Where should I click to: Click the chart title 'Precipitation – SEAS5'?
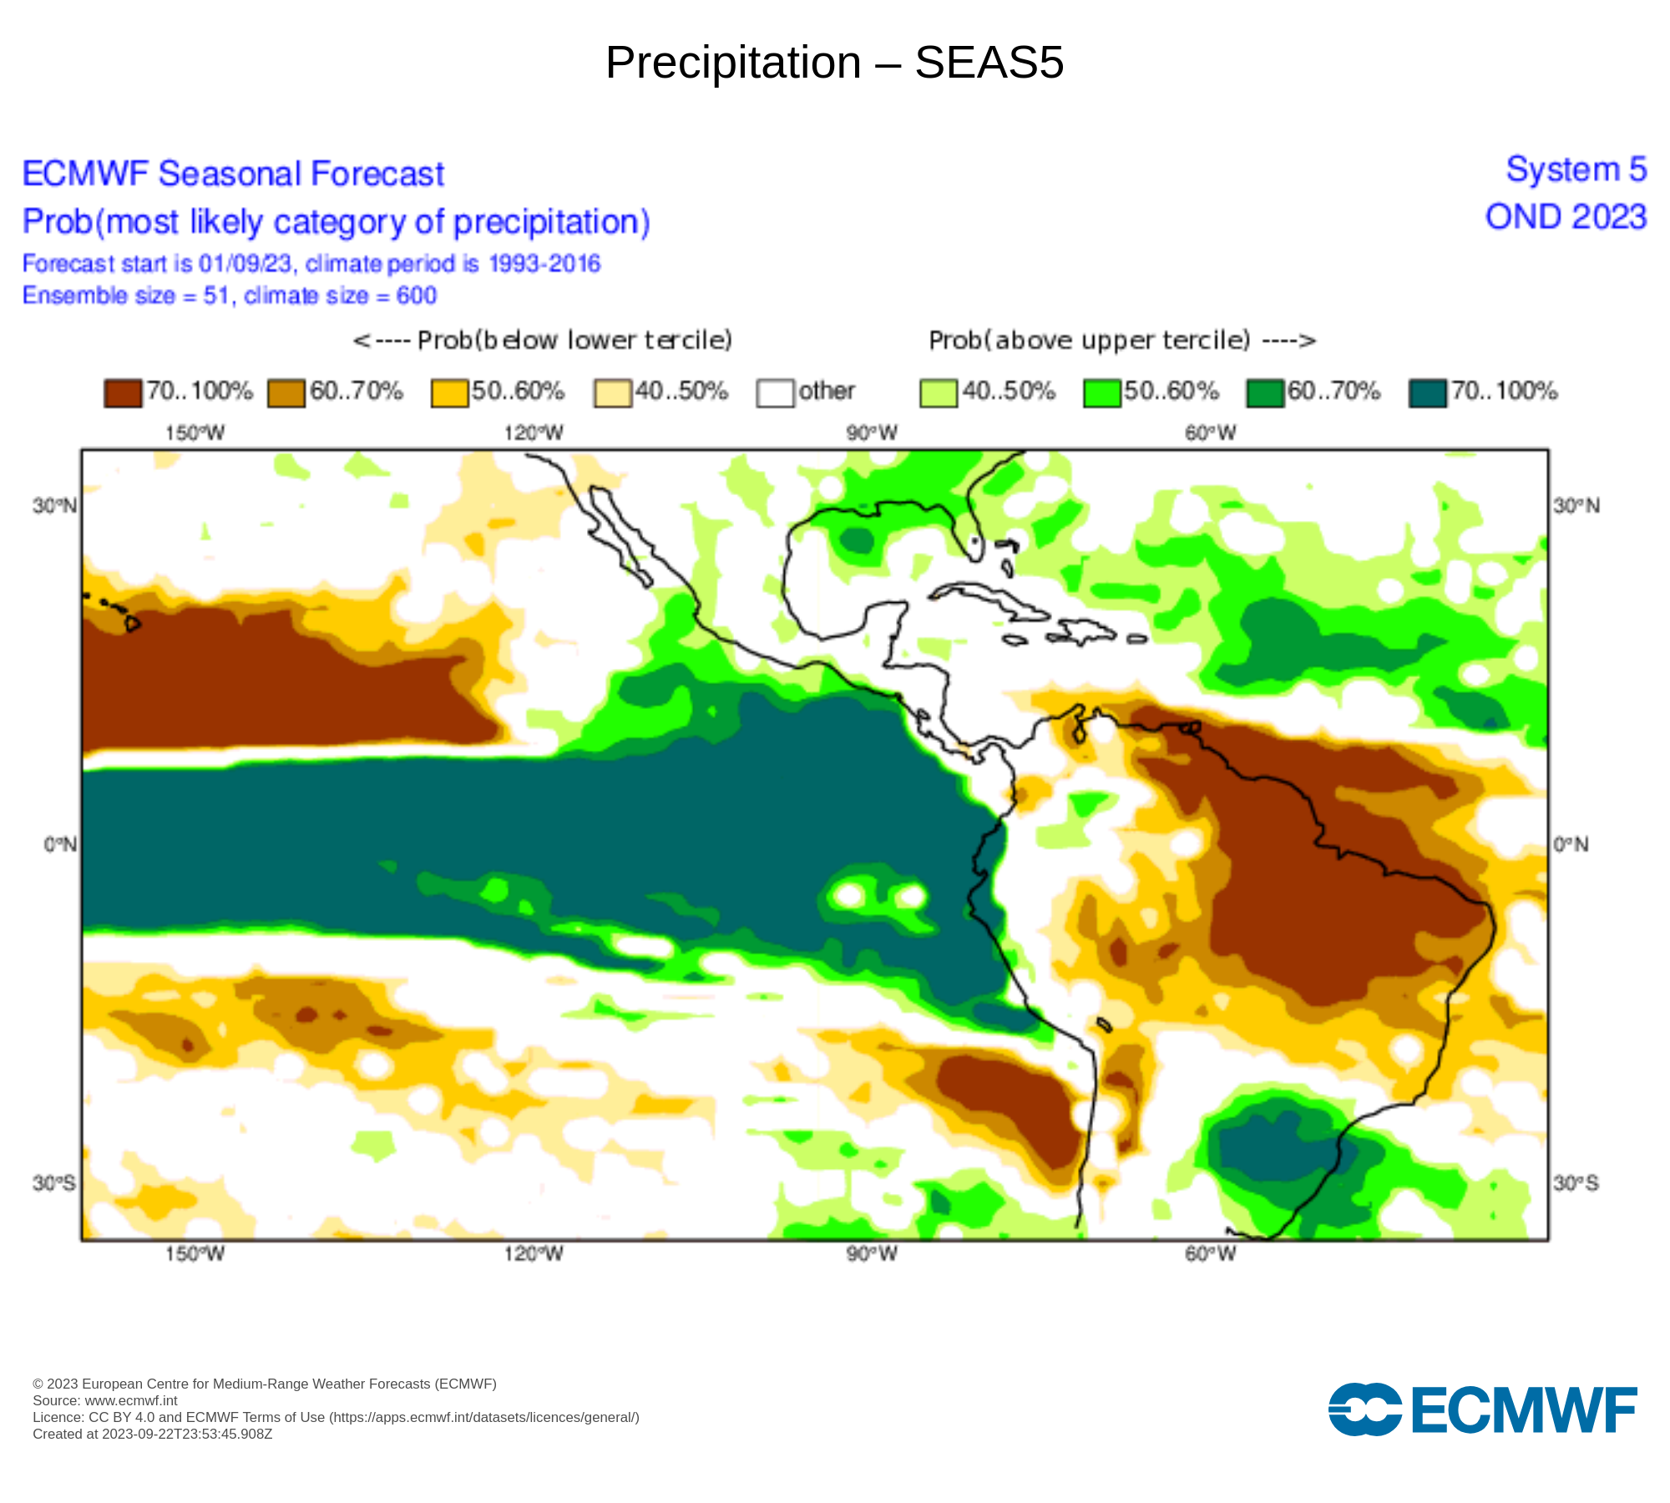click(x=834, y=63)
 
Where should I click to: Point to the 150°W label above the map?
click(x=195, y=433)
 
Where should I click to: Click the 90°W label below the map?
click(x=872, y=1254)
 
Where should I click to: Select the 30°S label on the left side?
click(x=54, y=1183)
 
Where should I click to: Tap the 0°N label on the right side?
click(x=1571, y=844)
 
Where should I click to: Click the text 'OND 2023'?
click(x=1566, y=217)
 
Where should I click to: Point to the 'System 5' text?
click(x=1576, y=170)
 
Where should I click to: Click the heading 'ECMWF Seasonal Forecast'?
click(x=233, y=174)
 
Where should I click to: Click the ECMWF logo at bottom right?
click(x=1482, y=1409)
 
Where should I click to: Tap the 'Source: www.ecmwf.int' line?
click(x=105, y=1400)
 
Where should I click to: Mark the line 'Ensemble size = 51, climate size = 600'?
click(x=230, y=296)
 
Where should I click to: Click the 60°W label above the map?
click(x=1211, y=433)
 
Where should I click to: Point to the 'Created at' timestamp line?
click(x=153, y=1434)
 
